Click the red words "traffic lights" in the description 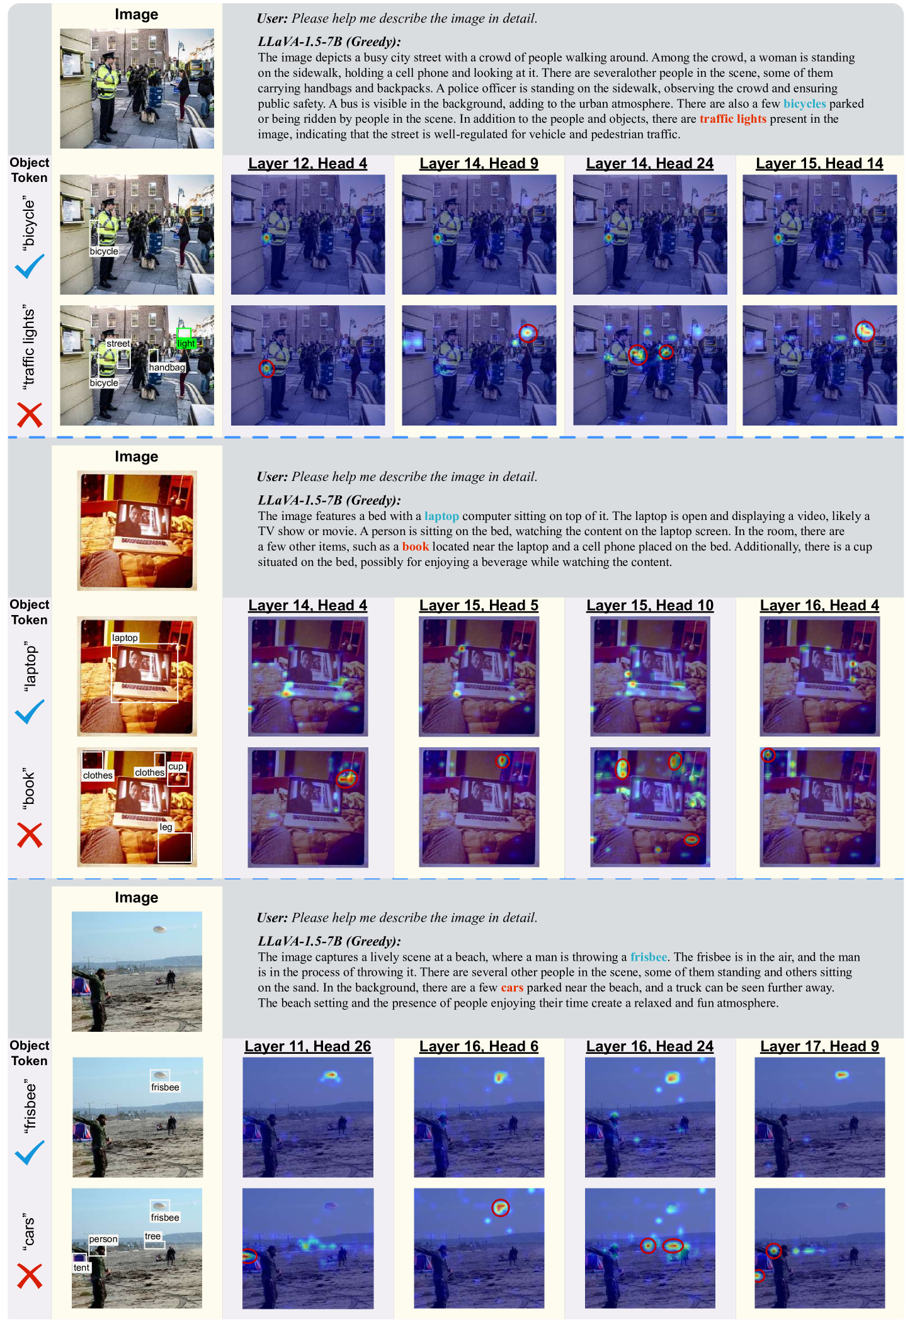(x=733, y=119)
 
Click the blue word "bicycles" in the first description (x=804, y=104)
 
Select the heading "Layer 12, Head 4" (x=307, y=164)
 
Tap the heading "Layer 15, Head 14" (x=819, y=164)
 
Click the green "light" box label (x=186, y=343)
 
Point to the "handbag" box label (x=167, y=368)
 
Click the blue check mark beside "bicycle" (x=30, y=266)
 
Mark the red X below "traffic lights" (x=30, y=415)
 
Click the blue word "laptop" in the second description (x=441, y=516)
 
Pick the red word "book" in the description (x=416, y=546)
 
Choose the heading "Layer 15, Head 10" (x=650, y=606)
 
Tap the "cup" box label (x=176, y=766)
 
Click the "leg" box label (x=166, y=827)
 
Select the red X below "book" (x=30, y=835)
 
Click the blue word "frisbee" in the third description (x=649, y=957)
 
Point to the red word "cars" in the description (x=512, y=988)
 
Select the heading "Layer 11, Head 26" (x=307, y=1046)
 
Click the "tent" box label (x=81, y=1267)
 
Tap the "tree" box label (x=153, y=1236)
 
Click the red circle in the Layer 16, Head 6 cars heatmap (x=500, y=1207)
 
